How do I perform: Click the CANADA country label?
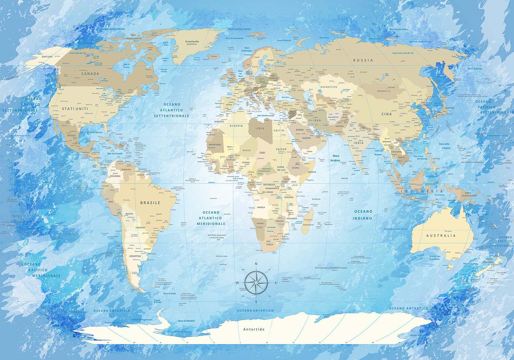(x=90, y=73)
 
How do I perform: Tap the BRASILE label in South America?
(x=150, y=203)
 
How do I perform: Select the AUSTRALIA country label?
(x=441, y=236)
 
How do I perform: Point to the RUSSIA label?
(x=363, y=60)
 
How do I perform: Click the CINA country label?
(x=387, y=114)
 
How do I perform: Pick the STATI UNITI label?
(x=75, y=109)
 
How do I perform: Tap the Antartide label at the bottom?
(x=254, y=329)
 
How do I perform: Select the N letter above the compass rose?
(x=256, y=264)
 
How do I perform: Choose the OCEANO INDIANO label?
(x=363, y=215)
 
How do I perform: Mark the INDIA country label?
(x=358, y=143)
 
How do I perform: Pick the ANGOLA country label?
(x=261, y=207)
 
